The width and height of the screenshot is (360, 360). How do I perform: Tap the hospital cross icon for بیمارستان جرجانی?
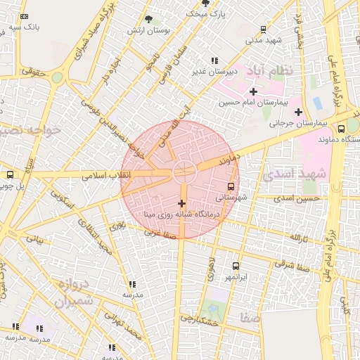pyautogui.click(x=299, y=112)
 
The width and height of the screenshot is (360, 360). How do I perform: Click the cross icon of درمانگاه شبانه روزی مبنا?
pyautogui.click(x=182, y=203)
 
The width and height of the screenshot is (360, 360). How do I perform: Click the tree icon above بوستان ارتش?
pyautogui.click(x=148, y=20)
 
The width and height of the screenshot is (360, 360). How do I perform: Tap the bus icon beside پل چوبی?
pyautogui.click(x=10, y=174)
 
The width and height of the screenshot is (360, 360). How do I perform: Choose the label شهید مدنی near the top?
pyautogui.click(x=264, y=40)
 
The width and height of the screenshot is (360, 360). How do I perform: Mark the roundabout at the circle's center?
pyautogui.click(x=184, y=169)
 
